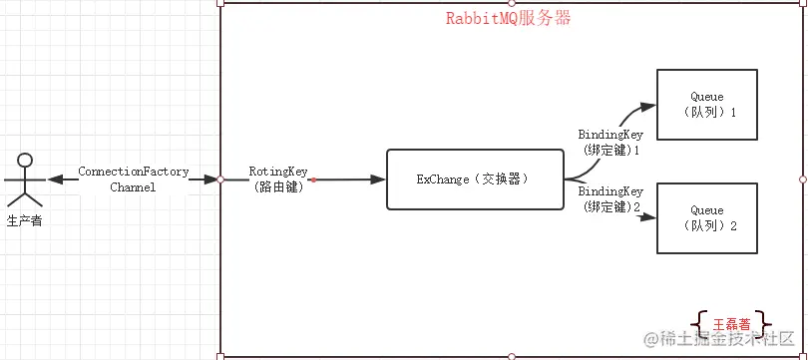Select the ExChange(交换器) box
click(x=471, y=180)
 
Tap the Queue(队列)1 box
click(x=706, y=104)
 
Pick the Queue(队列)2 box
click(x=706, y=218)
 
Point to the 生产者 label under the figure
click(x=26, y=220)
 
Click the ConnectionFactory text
click(x=134, y=172)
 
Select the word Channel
click(x=134, y=186)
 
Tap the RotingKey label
click(x=276, y=172)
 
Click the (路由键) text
click(x=276, y=186)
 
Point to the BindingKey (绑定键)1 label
click(x=610, y=141)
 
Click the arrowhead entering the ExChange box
click(x=378, y=180)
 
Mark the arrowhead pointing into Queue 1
click(x=648, y=105)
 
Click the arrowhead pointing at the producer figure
click(x=56, y=180)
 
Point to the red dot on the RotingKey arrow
click(x=313, y=180)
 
